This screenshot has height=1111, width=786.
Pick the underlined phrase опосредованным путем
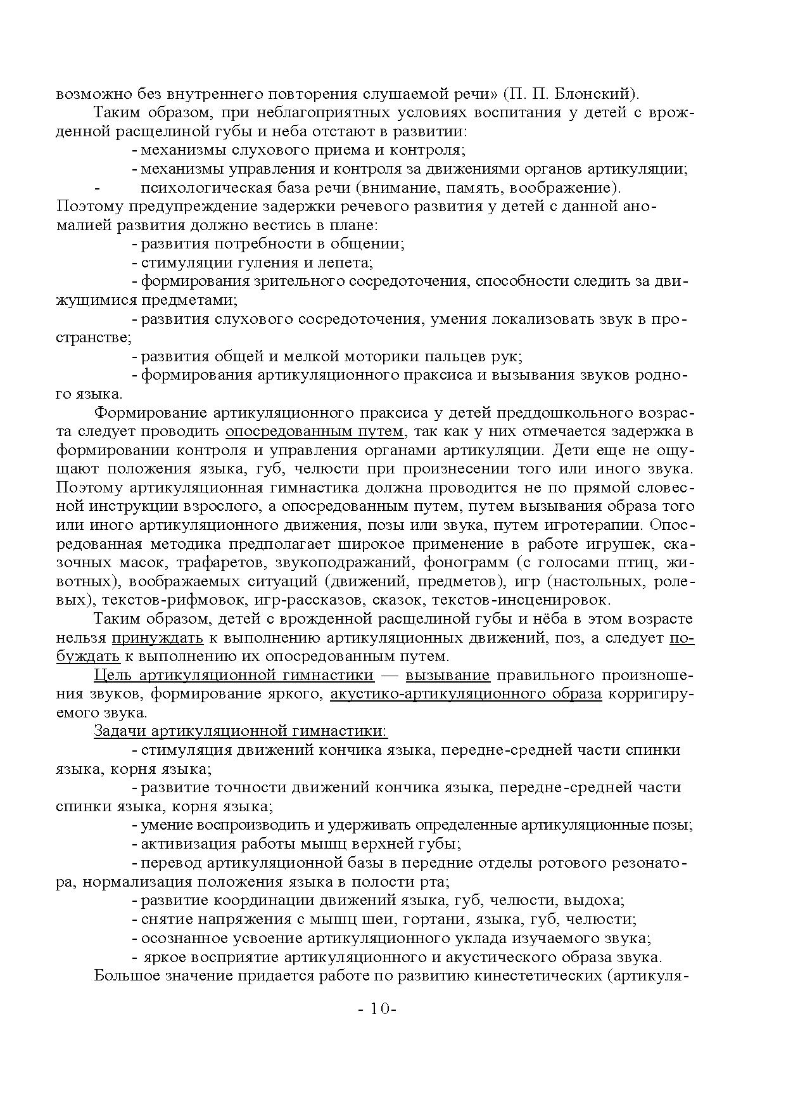(314, 432)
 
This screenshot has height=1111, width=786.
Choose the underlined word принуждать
(158, 638)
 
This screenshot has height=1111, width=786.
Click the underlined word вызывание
(448, 675)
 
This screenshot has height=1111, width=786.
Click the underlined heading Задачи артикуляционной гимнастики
(240, 731)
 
